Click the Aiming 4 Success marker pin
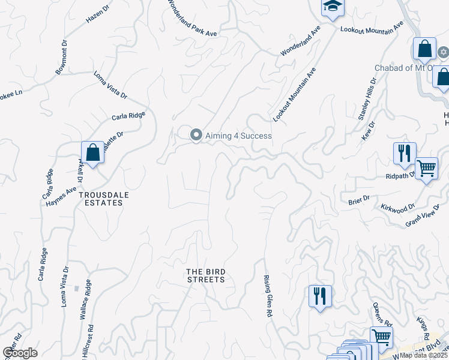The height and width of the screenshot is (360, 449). pos(196,136)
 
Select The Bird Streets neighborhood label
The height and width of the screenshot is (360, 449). pos(205,275)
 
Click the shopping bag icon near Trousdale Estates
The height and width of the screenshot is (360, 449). pos(93,152)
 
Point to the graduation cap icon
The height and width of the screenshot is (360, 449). pos(330,7)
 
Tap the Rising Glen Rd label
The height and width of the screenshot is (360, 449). pos(268,296)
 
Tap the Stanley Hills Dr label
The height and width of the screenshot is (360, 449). pos(367,99)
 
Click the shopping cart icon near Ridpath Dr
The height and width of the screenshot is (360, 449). pos(426,169)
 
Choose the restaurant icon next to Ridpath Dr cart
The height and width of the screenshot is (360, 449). pos(405,154)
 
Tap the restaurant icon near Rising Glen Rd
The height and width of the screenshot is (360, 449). pos(319,296)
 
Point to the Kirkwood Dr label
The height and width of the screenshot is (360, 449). pos(398,208)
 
